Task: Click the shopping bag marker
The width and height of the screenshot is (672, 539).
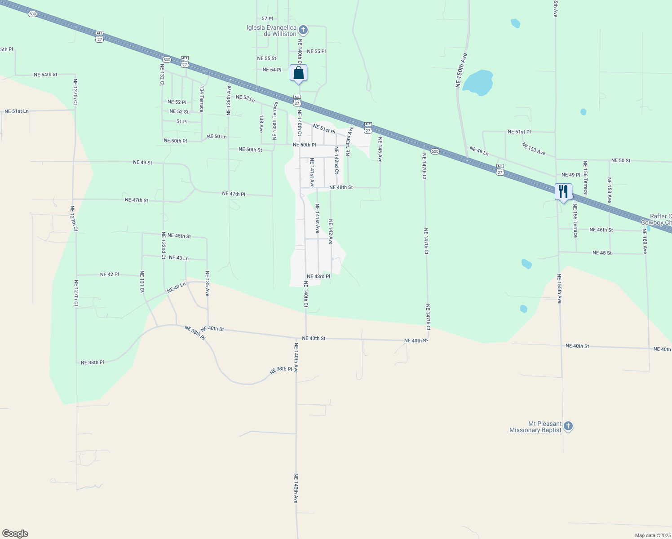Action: [299, 73]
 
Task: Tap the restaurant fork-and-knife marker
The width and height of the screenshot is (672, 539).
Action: [563, 192]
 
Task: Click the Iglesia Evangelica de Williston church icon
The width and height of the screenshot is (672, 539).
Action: [303, 30]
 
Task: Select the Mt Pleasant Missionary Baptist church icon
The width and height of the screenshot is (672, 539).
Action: [568, 426]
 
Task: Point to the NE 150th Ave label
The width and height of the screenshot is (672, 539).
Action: [461, 71]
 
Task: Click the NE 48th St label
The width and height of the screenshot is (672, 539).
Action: [341, 187]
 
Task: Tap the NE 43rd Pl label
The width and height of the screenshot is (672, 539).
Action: [318, 276]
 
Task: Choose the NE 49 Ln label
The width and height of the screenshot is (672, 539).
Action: [479, 151]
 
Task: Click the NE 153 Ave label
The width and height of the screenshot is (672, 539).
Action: [534, 149]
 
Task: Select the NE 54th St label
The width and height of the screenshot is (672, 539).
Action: [45, 75]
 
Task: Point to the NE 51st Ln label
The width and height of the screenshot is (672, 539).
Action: [17, 111]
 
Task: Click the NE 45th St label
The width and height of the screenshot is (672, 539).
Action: [176, 235]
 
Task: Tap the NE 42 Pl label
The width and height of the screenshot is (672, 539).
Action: [109, 274]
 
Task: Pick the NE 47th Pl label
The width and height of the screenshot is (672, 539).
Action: [234, 194]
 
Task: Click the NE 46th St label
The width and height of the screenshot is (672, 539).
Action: [601, 230]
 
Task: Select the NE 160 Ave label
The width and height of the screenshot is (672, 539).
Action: [645, 241]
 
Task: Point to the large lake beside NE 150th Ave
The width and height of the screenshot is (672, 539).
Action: [478, 83]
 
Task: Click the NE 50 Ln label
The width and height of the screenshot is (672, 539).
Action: [217, 137]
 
